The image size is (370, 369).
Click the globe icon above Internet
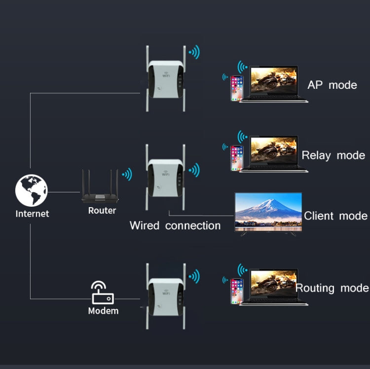coord(31,191)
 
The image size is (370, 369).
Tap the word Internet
coord(32,214)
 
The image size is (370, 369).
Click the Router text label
coord(102,211)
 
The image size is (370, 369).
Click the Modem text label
coord(103,311)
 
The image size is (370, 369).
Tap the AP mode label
coord(332,85)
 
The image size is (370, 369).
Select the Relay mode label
coord(333,155)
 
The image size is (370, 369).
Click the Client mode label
coord(335,216)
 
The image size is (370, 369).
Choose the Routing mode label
coord(332,288)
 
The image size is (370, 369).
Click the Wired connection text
coord(175,225)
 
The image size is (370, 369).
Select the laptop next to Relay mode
coord(275,154)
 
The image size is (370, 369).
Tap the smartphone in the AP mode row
coord(237,88)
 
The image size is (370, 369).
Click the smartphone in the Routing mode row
coord(237,291)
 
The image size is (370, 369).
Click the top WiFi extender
coord(166,78)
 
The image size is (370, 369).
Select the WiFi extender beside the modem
coord(166,296)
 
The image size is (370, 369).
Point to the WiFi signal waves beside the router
coord(127,174)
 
